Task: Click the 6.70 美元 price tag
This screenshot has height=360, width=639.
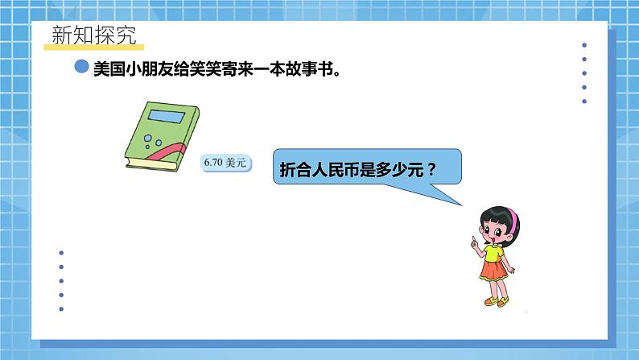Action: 225,163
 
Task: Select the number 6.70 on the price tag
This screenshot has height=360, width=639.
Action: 213,163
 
